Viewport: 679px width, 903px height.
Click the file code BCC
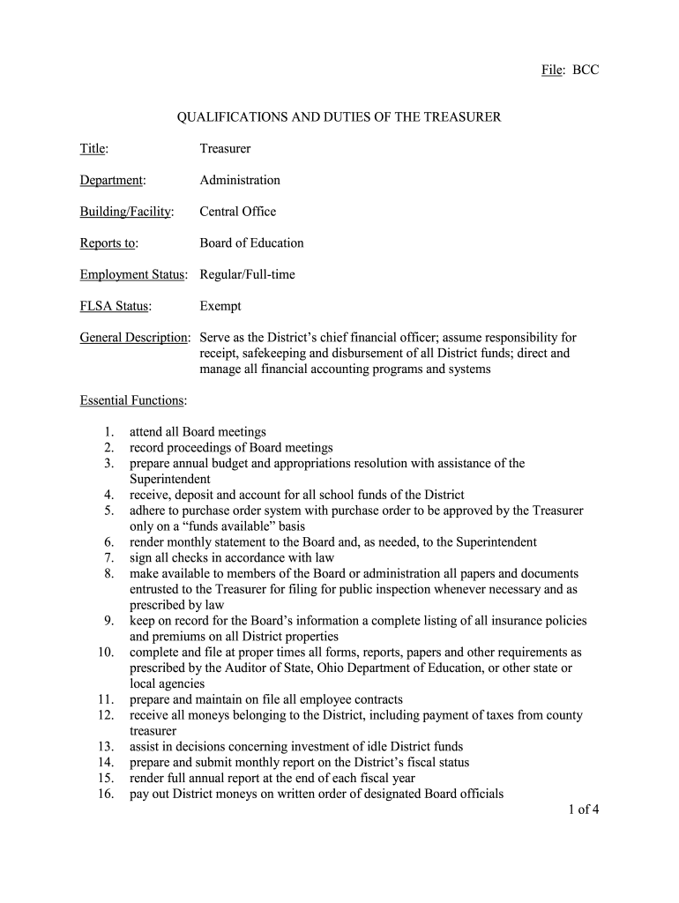(586, 70)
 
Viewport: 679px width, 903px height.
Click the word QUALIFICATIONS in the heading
(232, 116)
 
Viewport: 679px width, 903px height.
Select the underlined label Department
(111, 180)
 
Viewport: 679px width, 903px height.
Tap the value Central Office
(237, 212)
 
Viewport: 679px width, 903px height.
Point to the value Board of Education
(251, 243)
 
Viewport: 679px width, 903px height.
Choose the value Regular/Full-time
(247, 274)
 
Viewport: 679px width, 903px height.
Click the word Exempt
(220, 306)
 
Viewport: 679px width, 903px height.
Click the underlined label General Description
(134, 338)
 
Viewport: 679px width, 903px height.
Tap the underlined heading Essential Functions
(132, 400)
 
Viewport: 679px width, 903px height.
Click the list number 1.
(108, 432)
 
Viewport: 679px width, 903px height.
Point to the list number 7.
(108, 558)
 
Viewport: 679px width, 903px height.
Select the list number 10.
(105, 653)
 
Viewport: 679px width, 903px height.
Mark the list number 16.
(105, 794)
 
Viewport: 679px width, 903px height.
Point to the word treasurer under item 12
(153, 731)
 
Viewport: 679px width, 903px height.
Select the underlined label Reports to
(108, 243)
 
